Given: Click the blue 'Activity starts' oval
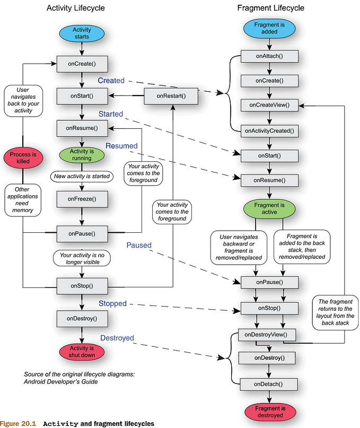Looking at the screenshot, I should pyautogui.click(x=82, y=33).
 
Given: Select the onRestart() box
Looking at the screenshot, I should pyautogui.click(x=172, y=96).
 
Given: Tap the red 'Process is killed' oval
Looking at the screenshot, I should pyautogui.click(x=23, y=158).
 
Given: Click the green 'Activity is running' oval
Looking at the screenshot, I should pyautogui.click(x=82, y=154).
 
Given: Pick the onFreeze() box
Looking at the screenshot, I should pyautogui.click(x=82, y=199).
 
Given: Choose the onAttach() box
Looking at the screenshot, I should pyautogui.click(x=269, y=56).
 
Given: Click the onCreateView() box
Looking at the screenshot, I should pyautogui.click(x=269, y=105).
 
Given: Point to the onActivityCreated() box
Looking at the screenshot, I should pyautogui.click(x=269, y=130).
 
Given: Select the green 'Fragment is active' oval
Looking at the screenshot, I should pyautogui.click(x=269, y=208).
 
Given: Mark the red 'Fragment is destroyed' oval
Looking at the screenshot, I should pyautogui.click(x=269, y=411).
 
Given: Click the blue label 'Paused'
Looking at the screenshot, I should pyautogui.click(x=139, y=246).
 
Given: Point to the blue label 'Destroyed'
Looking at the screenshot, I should pyautogui.click(x=117, y=338).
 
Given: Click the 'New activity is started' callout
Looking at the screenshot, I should pyautogui.click(x=82, y=176).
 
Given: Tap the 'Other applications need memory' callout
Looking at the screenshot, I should pyautogui.click(x=23, y=199).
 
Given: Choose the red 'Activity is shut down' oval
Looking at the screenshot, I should pyautogui.click(x=82, y=351).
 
